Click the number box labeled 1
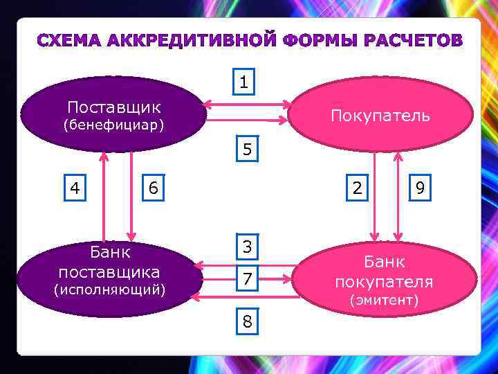coord(243,82)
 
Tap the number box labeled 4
coord(75,188)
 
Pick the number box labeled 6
coord(153,188)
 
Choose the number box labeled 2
coord(356,188)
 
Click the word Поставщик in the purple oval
coord(113,107)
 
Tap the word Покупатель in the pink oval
coord(380,116)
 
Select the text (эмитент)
coord(384,300)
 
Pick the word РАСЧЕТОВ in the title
coord(405,40)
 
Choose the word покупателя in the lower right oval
coord(384,282)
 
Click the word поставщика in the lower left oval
coord(109,271)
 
